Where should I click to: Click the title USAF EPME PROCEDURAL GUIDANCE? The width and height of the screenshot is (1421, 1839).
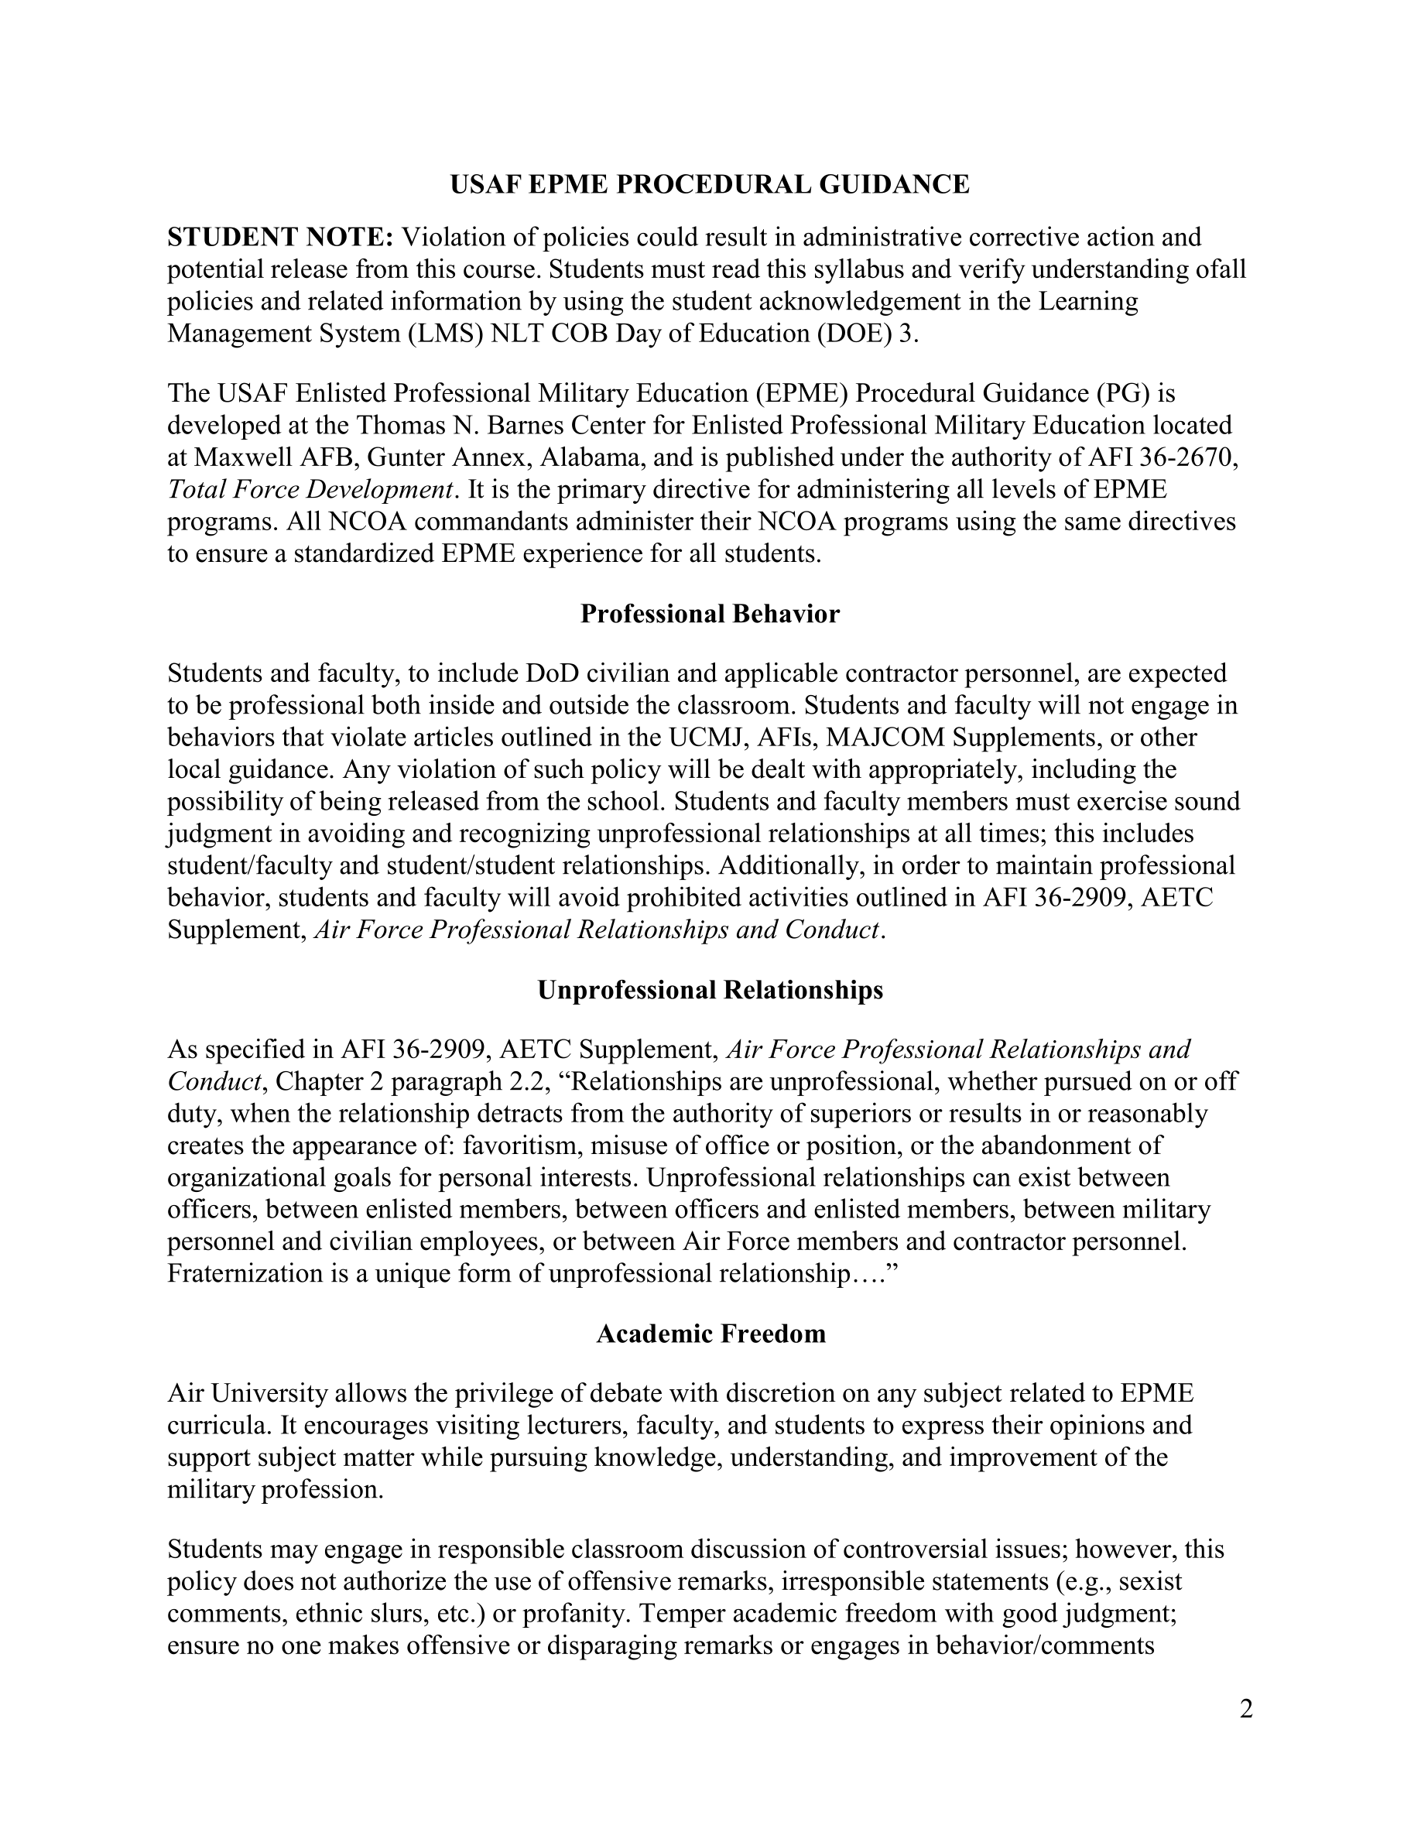coord(710,184)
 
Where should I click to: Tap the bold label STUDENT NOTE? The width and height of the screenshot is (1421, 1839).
coord(280,238)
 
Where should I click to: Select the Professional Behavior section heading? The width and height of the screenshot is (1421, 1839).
coord(710,614)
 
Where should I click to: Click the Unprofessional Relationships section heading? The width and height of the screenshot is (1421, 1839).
coord(710,989)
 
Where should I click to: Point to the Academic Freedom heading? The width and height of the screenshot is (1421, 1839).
coord(710,1334)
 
